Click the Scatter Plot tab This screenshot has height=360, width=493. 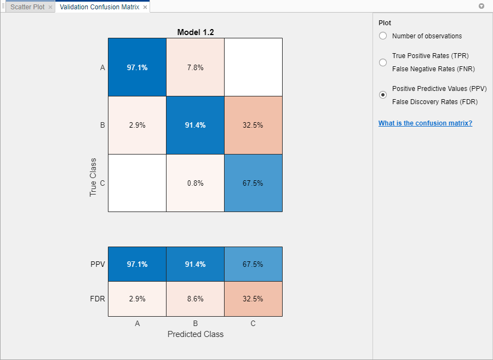[x=27, y=7]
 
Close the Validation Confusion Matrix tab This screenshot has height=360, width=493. [x=145, y=7]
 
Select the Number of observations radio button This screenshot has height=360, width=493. [x=383, y=36]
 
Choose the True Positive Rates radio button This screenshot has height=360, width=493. [x=383, y=62]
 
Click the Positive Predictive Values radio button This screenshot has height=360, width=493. [x=383, y=95]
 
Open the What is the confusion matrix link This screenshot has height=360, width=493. [x=425, y=123]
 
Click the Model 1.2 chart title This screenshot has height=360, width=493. [x=196, y=32]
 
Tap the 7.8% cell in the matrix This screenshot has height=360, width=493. [x=196, y=67]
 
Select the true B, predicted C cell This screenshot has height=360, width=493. [x=253, y=125]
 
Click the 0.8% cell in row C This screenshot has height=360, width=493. [x=196, y=183]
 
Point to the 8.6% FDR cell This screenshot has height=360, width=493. [x=196, y=299]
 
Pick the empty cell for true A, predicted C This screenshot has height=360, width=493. [x=253, y=67]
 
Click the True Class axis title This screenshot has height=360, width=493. [x=93, y=178]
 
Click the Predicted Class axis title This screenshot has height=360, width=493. [x=196, y=334]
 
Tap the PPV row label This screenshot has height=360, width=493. [x=98, y=264]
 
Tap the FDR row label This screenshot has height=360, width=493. [x=98, y=299]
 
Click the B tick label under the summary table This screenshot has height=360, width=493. [x=196, y=323]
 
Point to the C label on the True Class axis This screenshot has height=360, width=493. [x=102, y=184]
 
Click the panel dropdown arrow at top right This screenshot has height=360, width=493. [x=481, y=7]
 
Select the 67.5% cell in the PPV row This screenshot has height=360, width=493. [x=253, y=264]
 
